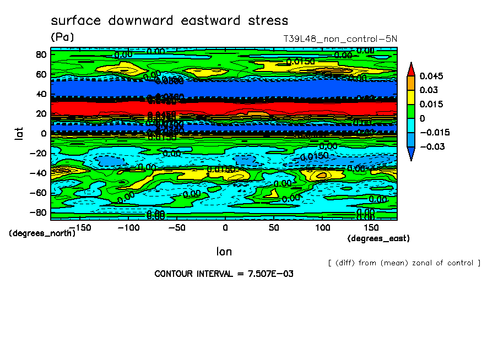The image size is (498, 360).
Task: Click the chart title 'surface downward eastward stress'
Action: [x=169, y=21]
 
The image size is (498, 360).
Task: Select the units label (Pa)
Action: [x=62, y=37]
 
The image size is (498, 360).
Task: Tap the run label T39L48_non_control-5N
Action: [x=339, y=39]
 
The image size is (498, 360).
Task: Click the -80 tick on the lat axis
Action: [x=39, y=212]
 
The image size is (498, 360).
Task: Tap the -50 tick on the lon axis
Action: [x=176, y=227]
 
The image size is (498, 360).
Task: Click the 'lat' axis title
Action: [x=19, y=133]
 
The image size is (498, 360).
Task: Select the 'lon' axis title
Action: [x=224, y=252]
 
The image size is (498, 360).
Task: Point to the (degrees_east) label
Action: [x=378, y=238]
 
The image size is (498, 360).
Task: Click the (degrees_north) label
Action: [x=42, y=233]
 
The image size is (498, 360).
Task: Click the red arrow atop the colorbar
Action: [x=410, y=69]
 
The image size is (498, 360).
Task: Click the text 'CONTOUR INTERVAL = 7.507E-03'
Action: [x=224, y=274]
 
